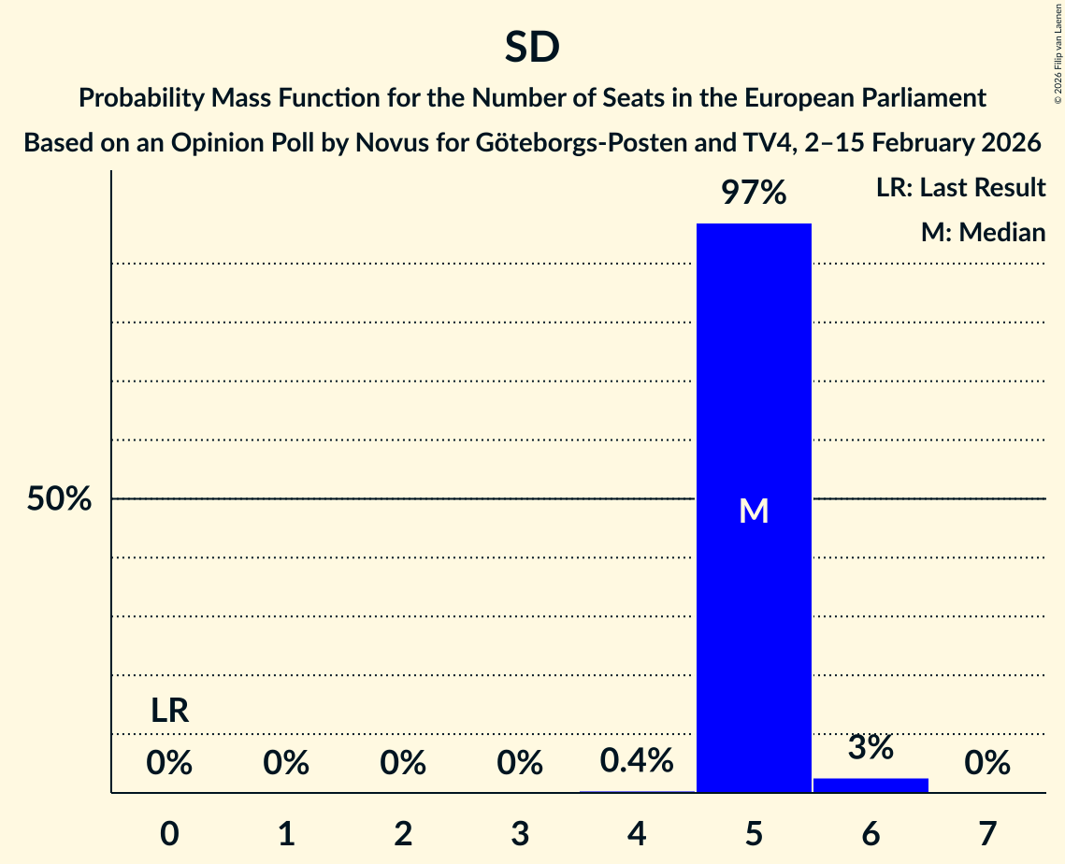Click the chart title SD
coord(532,47)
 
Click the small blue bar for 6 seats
coord(871,785)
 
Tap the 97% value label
coord(754,194)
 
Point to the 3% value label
coord(871,748)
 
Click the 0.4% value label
coord(637,761)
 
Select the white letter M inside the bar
coord(754,511)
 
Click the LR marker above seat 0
coord(170,712)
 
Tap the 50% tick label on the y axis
coord(59,499)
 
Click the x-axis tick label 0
coord(169,833)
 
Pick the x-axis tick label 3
coord(520,833)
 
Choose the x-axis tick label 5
coord(754,833)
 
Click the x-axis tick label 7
coord(987,833)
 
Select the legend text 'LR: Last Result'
coord(960,188)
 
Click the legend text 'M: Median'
coord(983,233)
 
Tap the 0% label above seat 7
coord(987,764)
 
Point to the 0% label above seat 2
coord(403,764)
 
